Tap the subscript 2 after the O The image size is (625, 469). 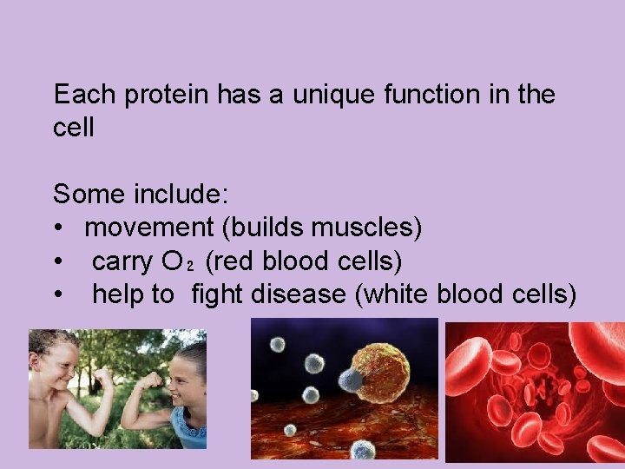190,267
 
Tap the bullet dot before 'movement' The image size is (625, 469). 57,228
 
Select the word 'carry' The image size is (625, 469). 119,261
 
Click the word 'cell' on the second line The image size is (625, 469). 73,129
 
